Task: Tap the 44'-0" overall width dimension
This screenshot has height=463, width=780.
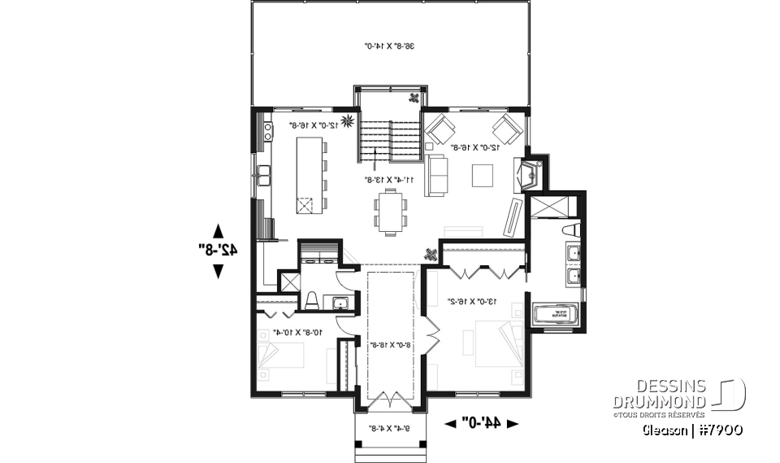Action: (x=483, y=422)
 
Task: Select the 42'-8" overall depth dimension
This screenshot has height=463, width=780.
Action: (x=218, y=251)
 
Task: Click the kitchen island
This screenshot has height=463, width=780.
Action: (x=309, y=175)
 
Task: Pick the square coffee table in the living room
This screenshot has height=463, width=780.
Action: (x=483, y=175)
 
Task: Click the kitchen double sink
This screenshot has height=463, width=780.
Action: (x=264, y=173)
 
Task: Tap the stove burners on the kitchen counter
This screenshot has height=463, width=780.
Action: (x=266, y=130)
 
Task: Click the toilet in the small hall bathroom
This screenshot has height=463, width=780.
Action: (x=311, y=302)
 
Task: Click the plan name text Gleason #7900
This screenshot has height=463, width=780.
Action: (x=694, y=429)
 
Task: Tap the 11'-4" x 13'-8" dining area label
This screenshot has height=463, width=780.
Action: (x=389, y=179)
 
